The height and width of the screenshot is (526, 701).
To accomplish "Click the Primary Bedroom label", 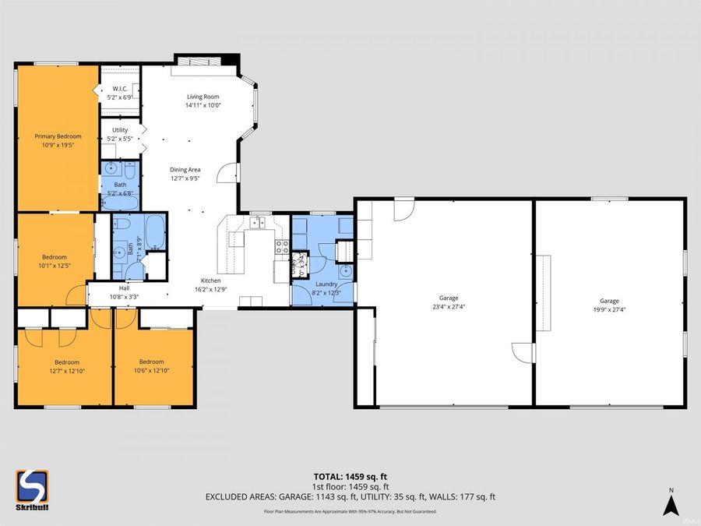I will click(x=58, y=136).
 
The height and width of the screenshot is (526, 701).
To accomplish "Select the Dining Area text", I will click(x=185, y=169).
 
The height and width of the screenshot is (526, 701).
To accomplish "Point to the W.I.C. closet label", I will click(x=120, y=89).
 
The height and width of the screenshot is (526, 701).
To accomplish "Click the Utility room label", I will click(x=120, y=130).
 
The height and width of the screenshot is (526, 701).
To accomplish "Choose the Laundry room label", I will click(x=327, y=284).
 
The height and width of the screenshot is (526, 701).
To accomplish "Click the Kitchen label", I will click(x=211, y=281).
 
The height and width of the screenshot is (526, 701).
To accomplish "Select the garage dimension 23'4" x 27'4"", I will click(x=448, y=308).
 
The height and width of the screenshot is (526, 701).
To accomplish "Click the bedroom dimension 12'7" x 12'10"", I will click(x=66, y=371).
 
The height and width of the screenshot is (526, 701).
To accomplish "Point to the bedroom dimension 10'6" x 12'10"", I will click(x=151, y=371).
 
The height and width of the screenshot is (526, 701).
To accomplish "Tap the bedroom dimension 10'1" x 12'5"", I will click(x=55, y=266).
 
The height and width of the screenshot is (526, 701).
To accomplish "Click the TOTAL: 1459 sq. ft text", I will click(x=350, y=475).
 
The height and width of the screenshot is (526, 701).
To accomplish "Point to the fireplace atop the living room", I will click(x=206, y=60).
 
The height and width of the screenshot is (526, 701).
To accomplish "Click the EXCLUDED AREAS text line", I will click(x=350, y=496).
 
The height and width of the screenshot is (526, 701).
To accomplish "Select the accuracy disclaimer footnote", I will click(x=350, y=512).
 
